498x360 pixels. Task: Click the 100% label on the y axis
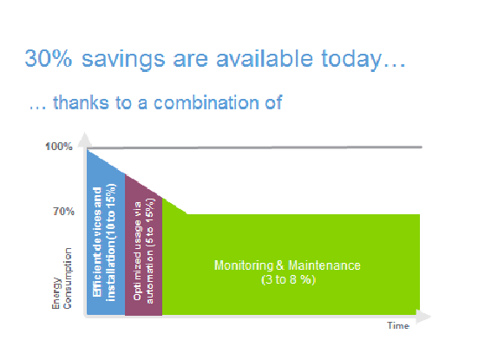[59, 147]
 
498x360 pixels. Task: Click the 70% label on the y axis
[63, 212]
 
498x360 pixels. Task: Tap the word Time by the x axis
[398, 325]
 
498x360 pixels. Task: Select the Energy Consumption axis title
[62, 278]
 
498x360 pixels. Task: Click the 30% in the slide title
[49, 58]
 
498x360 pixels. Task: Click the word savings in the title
[123, 60]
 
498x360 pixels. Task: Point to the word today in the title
[351, 60]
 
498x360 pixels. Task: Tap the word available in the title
[265, 58]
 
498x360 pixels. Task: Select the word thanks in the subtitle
[81, 102]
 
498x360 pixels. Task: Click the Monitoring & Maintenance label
[287, 265]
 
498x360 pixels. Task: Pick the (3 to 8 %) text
[288, 279]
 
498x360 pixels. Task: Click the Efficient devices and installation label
[104, 242]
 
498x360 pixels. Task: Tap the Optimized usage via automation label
[143, 251]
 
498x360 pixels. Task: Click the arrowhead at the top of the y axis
[85, 140]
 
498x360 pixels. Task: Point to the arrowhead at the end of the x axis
[423, 317]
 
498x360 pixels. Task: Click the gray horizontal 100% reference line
[254, 147]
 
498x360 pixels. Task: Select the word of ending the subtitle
[273, 102]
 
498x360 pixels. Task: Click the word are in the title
[191, 61]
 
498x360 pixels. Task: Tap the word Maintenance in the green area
[324, 265]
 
